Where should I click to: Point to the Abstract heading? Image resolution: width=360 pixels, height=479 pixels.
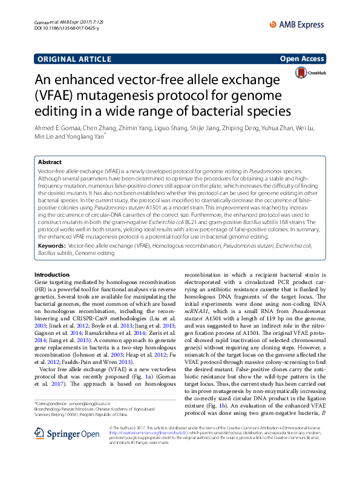point(50,162)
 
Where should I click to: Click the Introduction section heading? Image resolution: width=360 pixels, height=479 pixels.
point(54,276)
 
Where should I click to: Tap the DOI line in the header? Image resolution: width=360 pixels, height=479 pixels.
point(59,28)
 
